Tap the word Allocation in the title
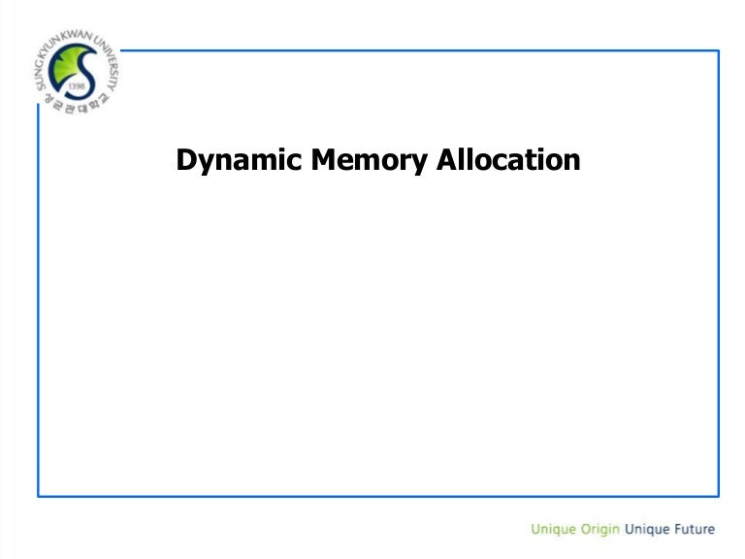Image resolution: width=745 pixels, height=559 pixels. pos(508,159)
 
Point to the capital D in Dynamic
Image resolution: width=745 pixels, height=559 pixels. pos(185,159)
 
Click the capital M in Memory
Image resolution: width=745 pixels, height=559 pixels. pos(322,159)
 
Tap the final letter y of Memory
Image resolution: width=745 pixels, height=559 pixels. pos(420,163)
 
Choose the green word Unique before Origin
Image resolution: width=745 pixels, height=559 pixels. pos(553,530)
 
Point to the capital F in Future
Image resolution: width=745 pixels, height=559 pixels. pos(670,529)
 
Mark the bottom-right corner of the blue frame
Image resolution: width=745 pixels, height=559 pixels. pos(718,496)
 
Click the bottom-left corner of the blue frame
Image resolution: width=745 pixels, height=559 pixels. pos(39,496)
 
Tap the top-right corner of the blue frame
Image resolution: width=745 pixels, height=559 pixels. pos(718,50)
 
